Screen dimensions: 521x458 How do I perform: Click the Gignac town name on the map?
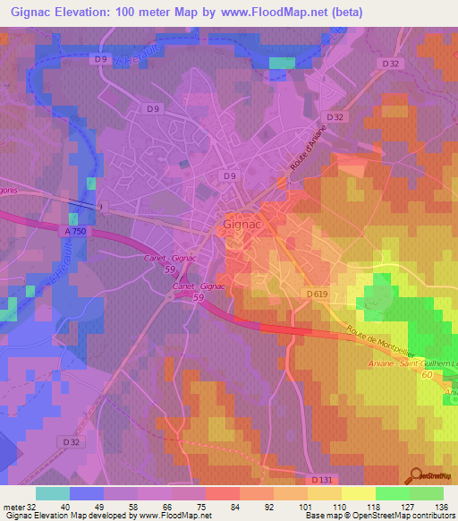(241, 226)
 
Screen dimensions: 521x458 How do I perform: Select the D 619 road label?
(317, 295)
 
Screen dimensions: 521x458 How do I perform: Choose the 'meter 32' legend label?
(19, 506)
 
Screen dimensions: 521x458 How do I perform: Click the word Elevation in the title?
(84, 12)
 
